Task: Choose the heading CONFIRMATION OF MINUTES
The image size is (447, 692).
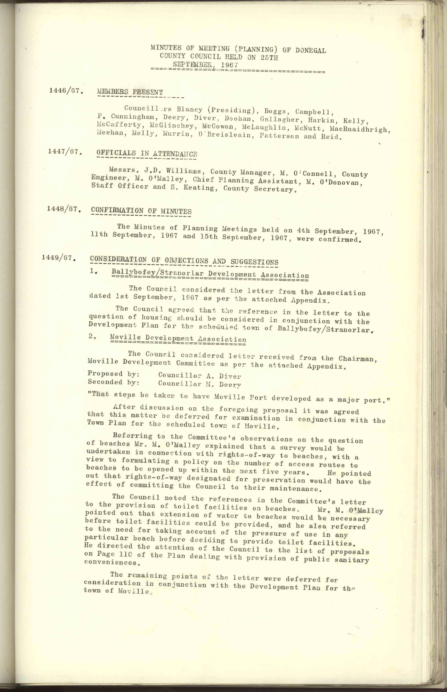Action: coord(141,211)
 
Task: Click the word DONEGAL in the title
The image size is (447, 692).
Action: coord(311,50)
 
